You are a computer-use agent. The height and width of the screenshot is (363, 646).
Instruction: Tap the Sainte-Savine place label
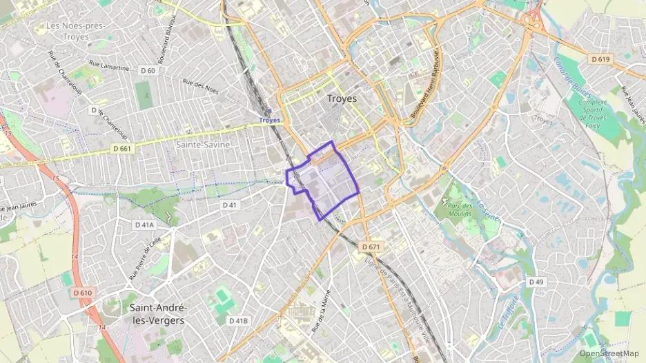(x=202, y=145)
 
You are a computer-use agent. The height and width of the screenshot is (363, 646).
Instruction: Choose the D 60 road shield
(x=148, y=70)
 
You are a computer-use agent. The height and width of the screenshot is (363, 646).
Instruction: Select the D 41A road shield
(x=144, y=225)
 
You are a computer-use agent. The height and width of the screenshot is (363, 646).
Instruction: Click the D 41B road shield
(x=238, y=321)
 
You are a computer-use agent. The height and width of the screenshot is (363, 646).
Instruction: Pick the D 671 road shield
(x=371, y=247)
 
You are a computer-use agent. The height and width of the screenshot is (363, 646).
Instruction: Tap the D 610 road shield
(x=82, y=293)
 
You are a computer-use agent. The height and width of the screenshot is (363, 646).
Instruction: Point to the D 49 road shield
(x=536, y=282)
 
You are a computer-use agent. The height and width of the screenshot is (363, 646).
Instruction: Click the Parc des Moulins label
(x=459, y=208)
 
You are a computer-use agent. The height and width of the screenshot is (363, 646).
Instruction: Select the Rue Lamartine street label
(x=110, y=68)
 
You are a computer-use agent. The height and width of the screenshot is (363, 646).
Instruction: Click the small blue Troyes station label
(x=270, y=120)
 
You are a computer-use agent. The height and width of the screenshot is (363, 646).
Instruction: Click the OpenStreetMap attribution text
(x=609, y=353)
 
